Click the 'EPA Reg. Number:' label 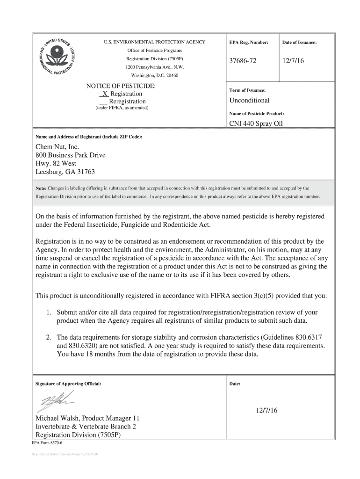click(249, 43)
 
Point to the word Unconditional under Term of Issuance click(249, 101)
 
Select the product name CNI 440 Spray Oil click(256, 124)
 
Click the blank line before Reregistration click(103, 102)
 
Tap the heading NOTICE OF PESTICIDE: click(121, 86)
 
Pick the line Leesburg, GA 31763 click(65, 172)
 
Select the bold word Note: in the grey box click(41, 188)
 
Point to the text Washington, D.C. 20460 click(154, 75)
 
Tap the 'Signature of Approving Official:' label click(68, 384)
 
